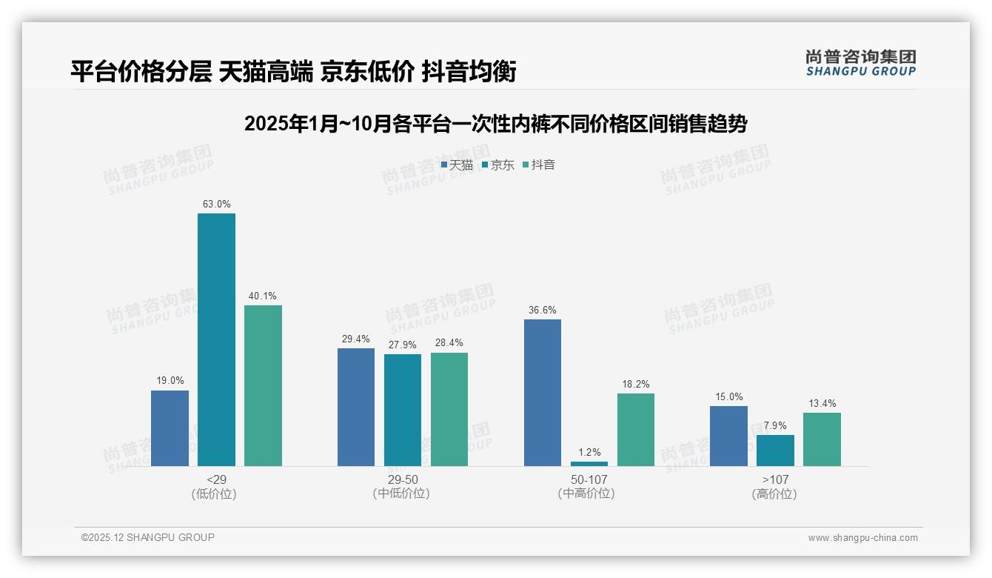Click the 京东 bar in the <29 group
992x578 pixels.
[x=216, y=339]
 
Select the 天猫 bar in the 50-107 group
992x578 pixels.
[x=543, y=393]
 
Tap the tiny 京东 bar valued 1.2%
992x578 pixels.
[x=589, y=463]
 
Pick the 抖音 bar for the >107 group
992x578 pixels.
[x=822, y=439]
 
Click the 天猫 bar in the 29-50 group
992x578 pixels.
[x=356, y=407]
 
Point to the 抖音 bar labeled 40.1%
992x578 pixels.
[x=263, y=385]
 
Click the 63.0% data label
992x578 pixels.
[x=216, y=204]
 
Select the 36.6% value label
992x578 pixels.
[x=543, y=310]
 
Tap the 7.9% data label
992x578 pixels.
[x=775, y=425]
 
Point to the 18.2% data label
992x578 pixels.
[x=635, y=384]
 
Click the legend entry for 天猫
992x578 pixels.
[x=457, y=165]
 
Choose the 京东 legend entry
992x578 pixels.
[x=498, y=165]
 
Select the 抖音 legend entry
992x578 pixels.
[x=539, y=165]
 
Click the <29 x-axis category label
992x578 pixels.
[x=216, y=479]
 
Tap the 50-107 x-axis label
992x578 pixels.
[x=589, y=479]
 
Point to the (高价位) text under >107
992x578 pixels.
[x=774, y=494]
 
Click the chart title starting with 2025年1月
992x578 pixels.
[x=495, y=124]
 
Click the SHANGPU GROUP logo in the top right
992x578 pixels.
[x=860, y=63]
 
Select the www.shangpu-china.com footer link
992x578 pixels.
[x=862, y=538]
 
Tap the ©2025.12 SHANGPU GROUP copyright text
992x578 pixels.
[x=148, y=537]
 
